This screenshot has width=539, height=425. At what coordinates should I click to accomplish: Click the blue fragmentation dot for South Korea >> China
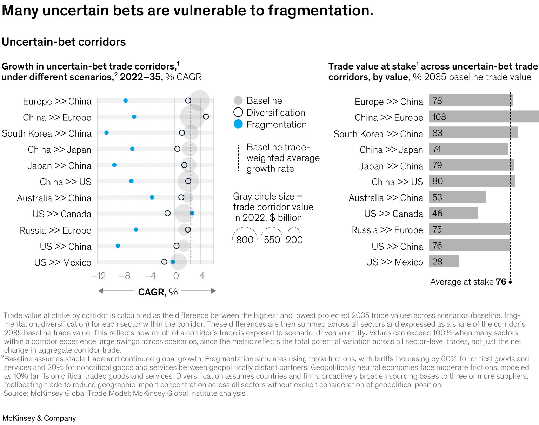pyautogui.click(x=106, y=133)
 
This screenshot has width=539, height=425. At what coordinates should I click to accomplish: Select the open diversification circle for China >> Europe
pyautogui.click(x=206, y=117)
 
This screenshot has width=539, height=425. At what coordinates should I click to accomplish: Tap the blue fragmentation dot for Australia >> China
pyautogui.click(x=152, y=197)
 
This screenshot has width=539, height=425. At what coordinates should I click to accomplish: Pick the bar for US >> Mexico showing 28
pyautogui.click(x=444, y=261)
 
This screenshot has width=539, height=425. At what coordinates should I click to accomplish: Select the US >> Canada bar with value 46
pyautogui.click(x=453, y=213)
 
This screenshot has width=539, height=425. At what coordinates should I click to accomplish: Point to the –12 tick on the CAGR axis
pyautogui.click(x=99, y=276)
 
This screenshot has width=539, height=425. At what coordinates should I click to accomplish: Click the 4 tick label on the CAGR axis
pyautogui.click(x=202, y=276)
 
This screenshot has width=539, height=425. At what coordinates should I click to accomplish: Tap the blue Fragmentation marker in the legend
pyautogui.click(x=238, y=124)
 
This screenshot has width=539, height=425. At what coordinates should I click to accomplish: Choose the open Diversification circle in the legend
pyautogui.click(x=238, y=112)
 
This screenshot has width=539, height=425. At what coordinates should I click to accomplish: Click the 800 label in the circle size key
pyautogui.click(x=245, y=240)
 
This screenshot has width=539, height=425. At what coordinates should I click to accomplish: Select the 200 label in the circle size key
pyautogui.click(x=294, y=240)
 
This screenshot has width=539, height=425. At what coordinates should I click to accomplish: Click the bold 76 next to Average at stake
pyautogui.click(x=501, y=282)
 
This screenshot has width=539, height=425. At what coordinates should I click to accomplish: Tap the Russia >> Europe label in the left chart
pyautogui.click(x=55, y=230)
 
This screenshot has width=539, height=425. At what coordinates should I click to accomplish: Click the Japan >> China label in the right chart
pyautogui.click(x=391, y=166)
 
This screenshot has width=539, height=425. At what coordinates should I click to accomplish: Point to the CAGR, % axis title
pyautogui.click(x=158, y=292)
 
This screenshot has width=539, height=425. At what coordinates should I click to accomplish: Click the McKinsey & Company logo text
pyautogui.click(x=39, y=418)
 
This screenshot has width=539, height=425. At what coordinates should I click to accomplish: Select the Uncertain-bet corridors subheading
pyautogui.click(x=64, y=42)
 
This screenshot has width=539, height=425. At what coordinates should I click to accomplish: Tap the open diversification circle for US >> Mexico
pyautogui.click(x=164, y=262)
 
